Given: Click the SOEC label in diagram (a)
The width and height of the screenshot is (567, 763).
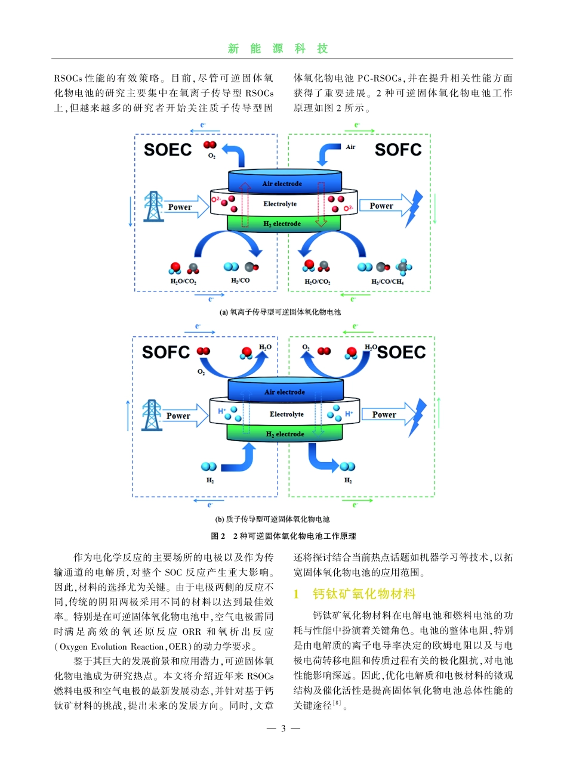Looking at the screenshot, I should click(x=168, y=149).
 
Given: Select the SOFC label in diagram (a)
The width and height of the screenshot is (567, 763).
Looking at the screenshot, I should click(x=398, y=149).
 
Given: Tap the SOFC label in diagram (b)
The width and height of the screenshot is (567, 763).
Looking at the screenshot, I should click(x=166, y=352).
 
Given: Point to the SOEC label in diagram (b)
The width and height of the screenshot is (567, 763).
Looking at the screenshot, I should click(x=402, y=352).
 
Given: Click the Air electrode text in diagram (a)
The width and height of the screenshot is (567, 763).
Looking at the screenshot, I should click(x=282, y=184).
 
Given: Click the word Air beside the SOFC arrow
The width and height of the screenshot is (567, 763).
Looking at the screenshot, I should click(x=350, y=147).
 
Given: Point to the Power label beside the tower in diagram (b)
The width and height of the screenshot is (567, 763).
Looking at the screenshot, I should click(x=178, y=416).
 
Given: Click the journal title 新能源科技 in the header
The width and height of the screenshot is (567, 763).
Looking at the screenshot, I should click(x=278, y=49).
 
